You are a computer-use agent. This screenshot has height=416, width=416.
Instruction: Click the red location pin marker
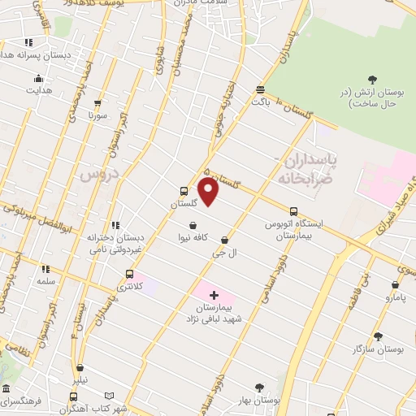point(209,192)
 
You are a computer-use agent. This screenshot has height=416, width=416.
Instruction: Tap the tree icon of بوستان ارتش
point(372,79)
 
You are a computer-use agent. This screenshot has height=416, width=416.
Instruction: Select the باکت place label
point(260,102)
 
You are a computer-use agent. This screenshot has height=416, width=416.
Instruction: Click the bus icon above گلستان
point(184,193)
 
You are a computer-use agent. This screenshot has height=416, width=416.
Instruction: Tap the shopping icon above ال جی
point(193,226)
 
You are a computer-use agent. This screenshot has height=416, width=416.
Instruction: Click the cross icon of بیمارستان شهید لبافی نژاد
point(214,294)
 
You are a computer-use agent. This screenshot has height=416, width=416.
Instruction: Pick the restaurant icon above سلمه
point(45,269)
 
